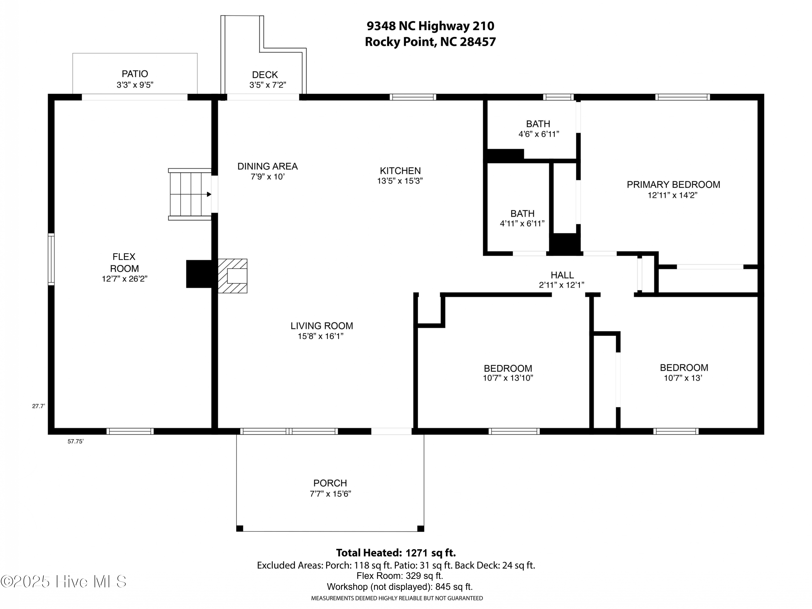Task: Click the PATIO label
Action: pos(135,74)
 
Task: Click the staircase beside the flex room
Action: pos(190,194)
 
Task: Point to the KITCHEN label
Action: pos(400,171)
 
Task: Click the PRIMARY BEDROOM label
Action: pos(673,185)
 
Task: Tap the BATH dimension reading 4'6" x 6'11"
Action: pos(539,134)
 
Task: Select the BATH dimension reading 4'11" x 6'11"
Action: pos(522,224)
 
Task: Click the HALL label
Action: pos(562,275)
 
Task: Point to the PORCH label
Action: pos(330,483)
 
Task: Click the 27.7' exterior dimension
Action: pos(38,406)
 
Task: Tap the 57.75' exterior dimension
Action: pos(76,441)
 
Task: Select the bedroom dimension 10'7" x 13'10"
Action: pos(508,378)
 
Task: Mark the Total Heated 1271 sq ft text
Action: pos(396,553)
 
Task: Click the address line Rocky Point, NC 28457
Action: pos(430,42)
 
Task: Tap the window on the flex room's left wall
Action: pos(51,259)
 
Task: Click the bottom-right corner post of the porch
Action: pos(421,529)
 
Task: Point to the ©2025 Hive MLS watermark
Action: pos(64,581)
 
